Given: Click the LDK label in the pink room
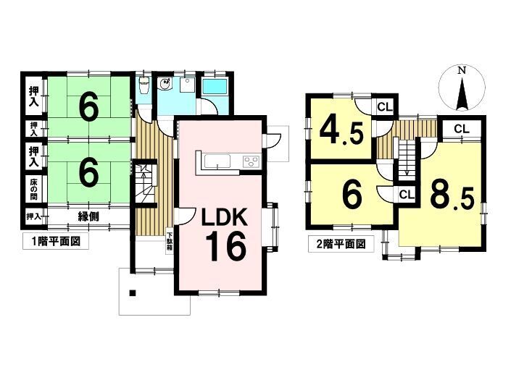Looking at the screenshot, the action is pos(225,217).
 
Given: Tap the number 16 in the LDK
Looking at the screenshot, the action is pos(225,247).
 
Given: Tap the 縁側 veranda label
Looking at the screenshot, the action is pos(88,216).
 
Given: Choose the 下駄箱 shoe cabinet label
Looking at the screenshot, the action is pos(170,241).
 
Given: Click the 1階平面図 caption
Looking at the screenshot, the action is pos(56,242).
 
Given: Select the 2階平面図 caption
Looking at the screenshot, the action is pos(341,244).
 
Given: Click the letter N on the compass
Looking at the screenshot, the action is pos(461,70).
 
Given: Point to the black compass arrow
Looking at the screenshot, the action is pos(462,93).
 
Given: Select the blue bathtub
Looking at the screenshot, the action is pos(215,87).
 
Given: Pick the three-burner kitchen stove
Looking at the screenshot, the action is pos(251,161).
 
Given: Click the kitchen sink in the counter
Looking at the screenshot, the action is pos(217,161).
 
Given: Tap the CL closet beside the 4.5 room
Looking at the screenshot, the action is pos(385,107).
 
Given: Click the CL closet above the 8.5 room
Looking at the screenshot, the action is pos(462,129).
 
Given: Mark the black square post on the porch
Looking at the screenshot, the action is pos(133,292).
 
